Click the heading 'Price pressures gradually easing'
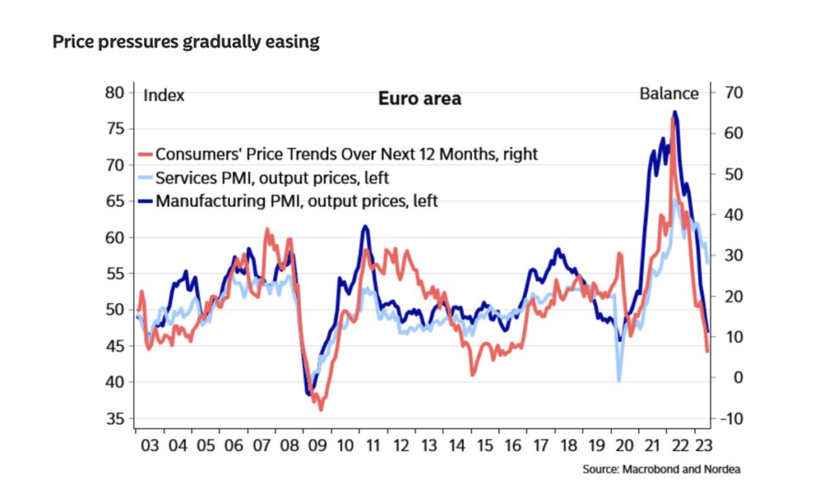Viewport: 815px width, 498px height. pos(185,42)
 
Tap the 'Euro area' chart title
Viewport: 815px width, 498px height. pos(419,99)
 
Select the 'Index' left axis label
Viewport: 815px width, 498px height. pos(163,95)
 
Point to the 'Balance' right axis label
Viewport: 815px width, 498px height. pos(669,94)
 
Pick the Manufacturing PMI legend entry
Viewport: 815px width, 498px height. pos(297,200)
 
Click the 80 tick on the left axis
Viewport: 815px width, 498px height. pos(115,92)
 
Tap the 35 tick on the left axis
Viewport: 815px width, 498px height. pos(115,418)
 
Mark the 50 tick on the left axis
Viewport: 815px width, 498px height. pos(115,309)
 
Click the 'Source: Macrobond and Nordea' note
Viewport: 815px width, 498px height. pos(661,469)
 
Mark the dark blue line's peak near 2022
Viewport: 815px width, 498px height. pos(675,112)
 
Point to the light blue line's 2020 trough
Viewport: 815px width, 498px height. pos(619,380)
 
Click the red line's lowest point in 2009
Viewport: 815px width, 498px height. pos(321,410)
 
